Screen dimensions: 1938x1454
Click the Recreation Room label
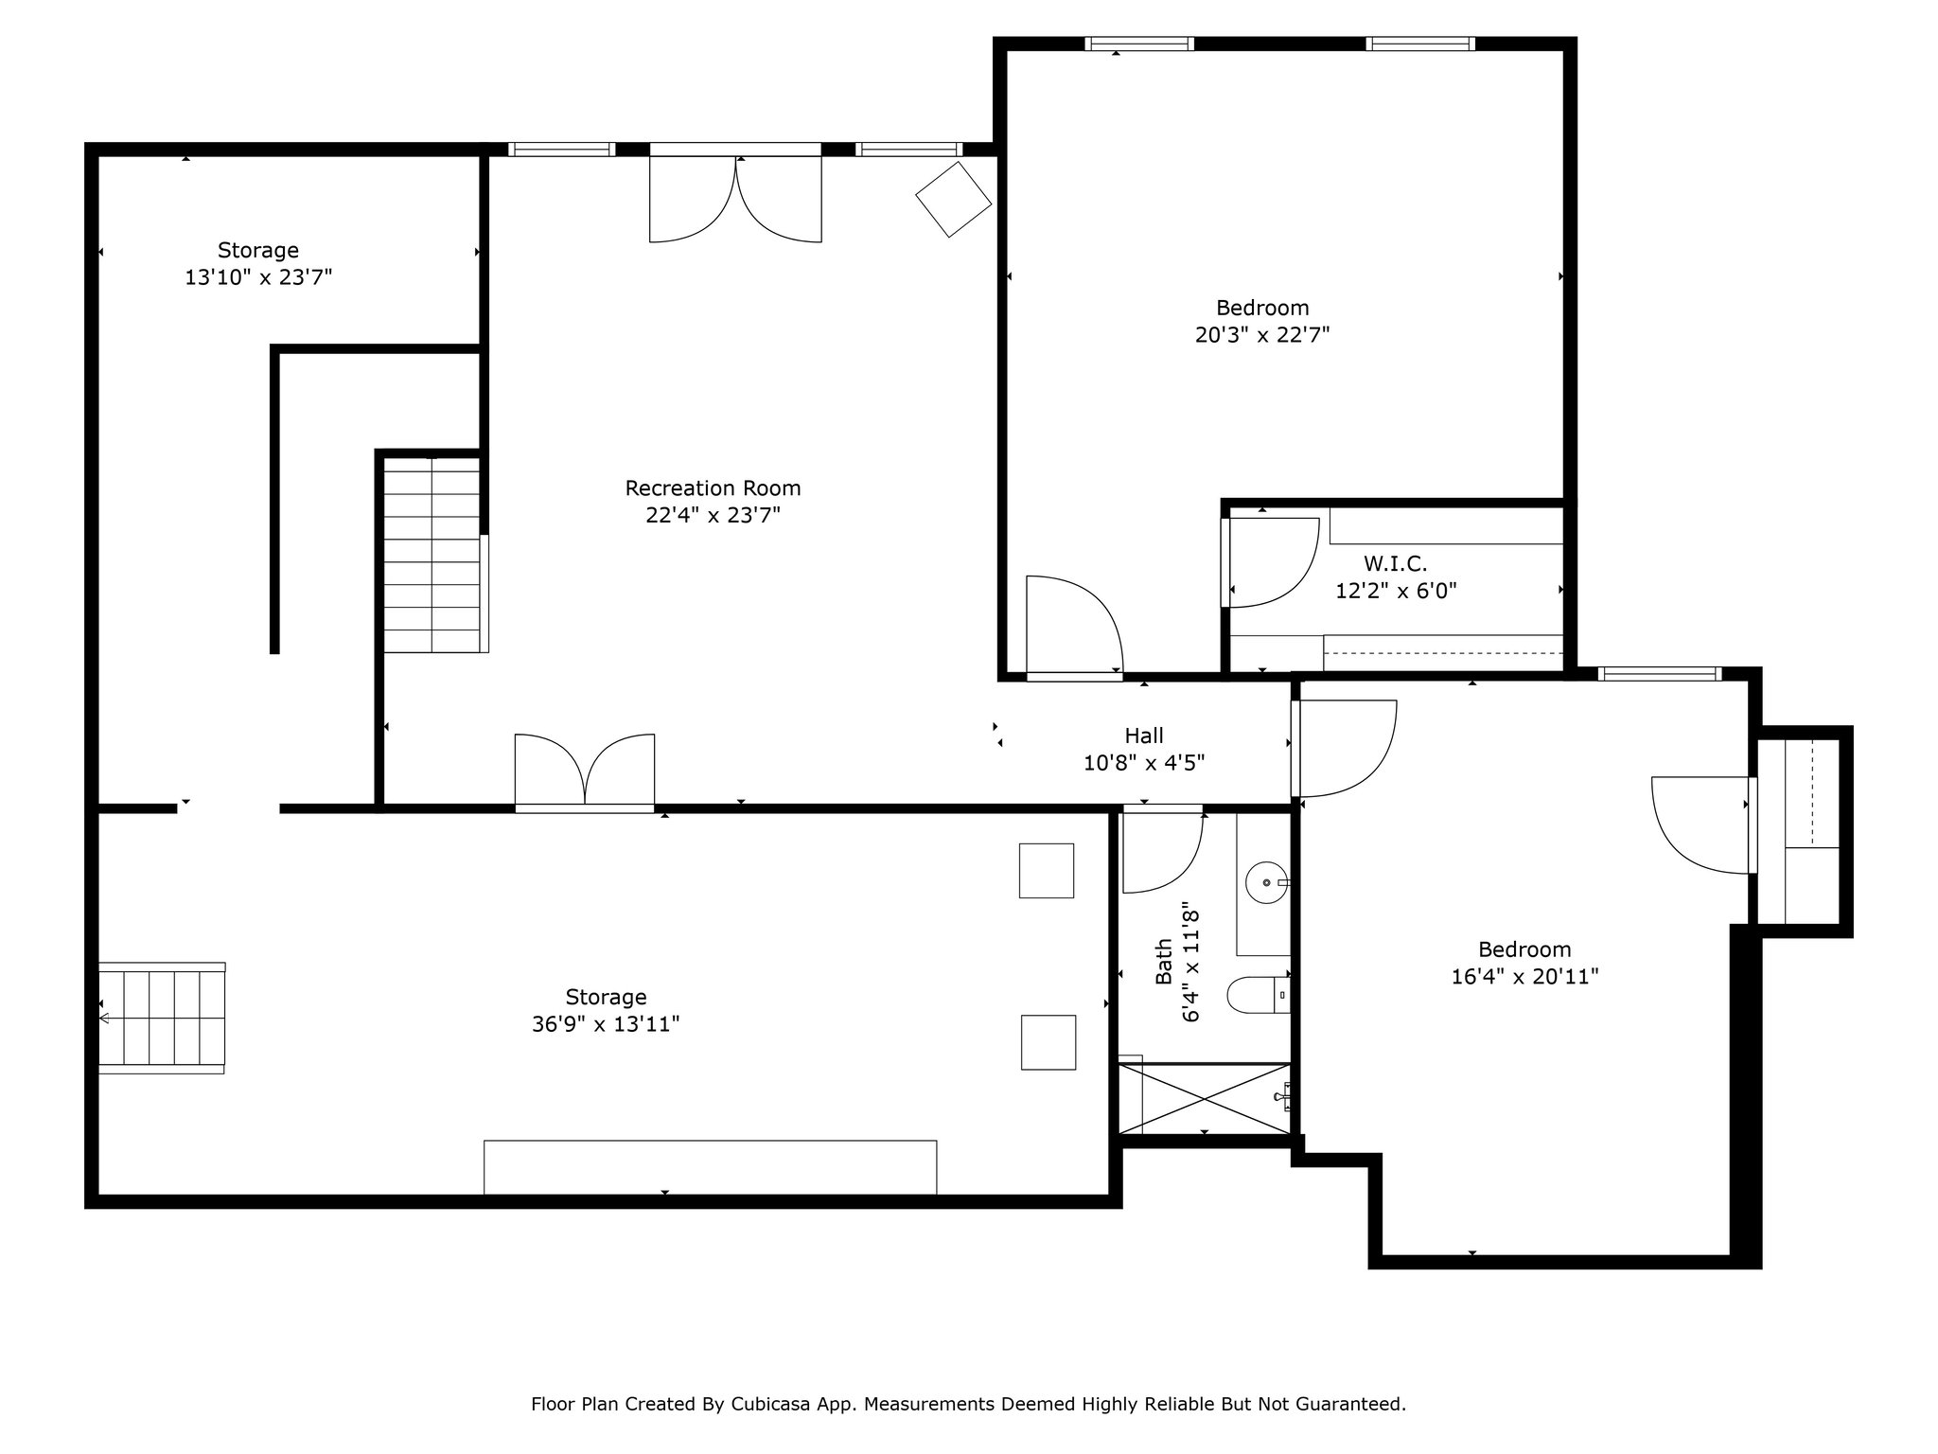(x=713, y=488)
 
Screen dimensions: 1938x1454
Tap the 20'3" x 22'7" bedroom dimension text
(x=1262, y=335)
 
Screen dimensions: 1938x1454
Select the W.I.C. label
(x=1395, y=564)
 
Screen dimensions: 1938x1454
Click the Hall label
(x=1144, y=736)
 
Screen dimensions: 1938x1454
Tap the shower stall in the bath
(x=1205, y=1098)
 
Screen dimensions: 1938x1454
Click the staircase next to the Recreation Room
(x=434, y=555)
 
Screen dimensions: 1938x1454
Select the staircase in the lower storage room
(x=162, y=1018)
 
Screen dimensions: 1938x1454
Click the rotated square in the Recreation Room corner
(x=953, y=200)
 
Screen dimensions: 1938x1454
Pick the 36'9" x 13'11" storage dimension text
(x=606, y=1024)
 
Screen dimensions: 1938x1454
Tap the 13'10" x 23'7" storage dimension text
(x=258, y=277)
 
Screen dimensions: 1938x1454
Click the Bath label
(x=1164, y=961)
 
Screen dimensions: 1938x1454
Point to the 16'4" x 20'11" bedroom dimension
(x=1524, y=976)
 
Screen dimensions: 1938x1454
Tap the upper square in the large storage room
(x=1047, y=870)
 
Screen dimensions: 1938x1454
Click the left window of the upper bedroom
(x=1139, y=44)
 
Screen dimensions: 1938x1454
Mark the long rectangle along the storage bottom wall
(x=711, y=1167)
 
